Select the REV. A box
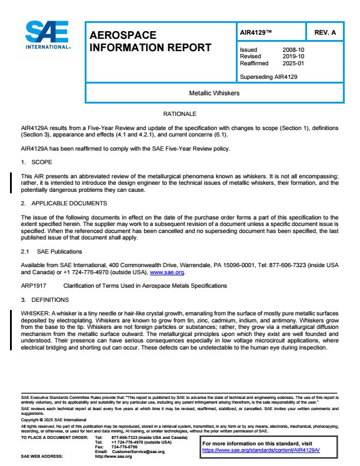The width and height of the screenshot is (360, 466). tap(325, 33)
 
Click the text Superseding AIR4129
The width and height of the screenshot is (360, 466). tap(268, 77)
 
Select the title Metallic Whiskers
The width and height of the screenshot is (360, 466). tap(214, 94)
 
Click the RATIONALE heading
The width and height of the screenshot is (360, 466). tap(179, 113)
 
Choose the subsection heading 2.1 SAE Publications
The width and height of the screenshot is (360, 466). tap(49, 252)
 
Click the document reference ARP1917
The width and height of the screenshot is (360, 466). tap(33, 286)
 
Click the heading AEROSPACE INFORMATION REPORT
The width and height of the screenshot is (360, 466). tap(150, 42)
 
